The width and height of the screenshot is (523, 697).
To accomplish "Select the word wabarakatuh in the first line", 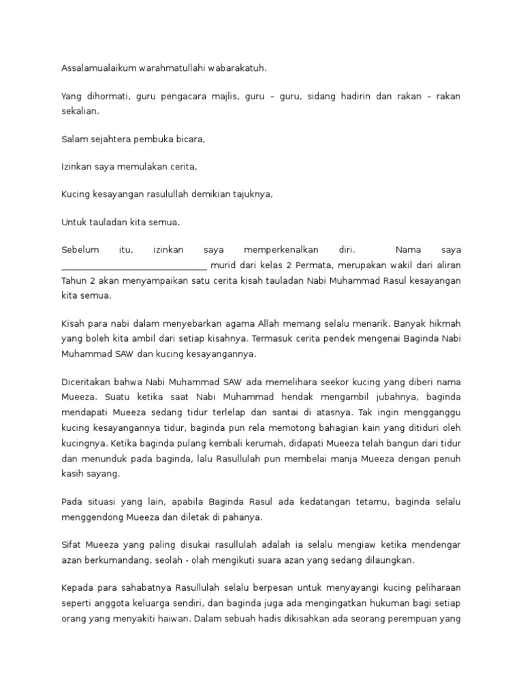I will [238, 68].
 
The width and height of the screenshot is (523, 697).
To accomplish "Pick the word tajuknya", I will [252, 194].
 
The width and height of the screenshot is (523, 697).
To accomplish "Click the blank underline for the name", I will [134, 265].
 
